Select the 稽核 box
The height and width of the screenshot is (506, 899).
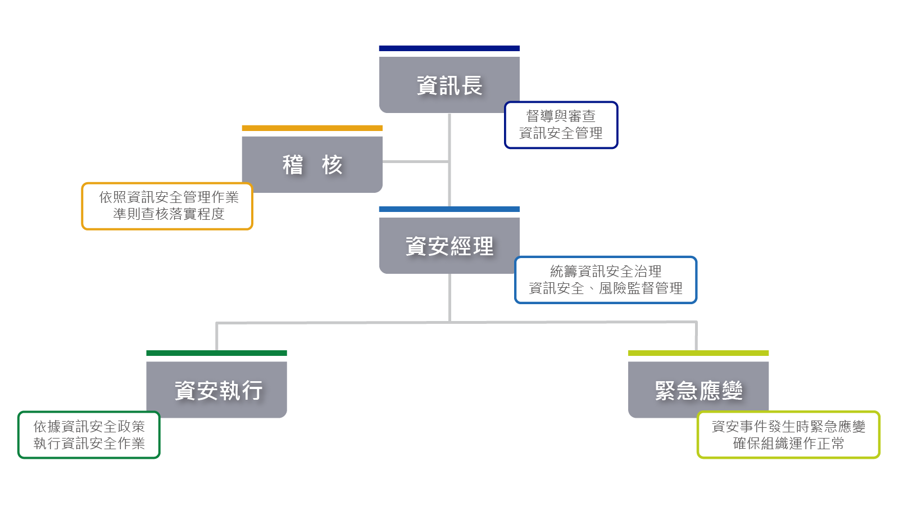click(312, 165)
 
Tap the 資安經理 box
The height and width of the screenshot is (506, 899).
click(449, 246)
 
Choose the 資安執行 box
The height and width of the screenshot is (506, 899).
click(217, 390)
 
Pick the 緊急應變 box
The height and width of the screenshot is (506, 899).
click(698, 390)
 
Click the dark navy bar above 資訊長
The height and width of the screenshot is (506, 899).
click(449, 48)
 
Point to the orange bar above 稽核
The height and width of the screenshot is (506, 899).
click(312, 128)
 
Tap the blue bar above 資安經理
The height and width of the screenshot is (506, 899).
click(449, 209)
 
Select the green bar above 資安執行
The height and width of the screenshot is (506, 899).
click(216, 353)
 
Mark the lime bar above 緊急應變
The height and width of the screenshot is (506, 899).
click(698, 353)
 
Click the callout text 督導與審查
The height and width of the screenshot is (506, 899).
click(561, 116)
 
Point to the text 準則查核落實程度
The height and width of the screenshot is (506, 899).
click(169, 214)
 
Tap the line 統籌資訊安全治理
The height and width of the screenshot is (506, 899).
click(606, 272)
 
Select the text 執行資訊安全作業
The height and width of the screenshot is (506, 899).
click(89, 444)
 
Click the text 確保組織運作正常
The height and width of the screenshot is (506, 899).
click(788, 444)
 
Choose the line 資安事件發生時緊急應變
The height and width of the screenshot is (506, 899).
click(788, 427)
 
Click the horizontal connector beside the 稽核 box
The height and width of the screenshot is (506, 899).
click(415, 161)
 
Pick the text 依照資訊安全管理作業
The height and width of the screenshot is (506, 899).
click(169, 197)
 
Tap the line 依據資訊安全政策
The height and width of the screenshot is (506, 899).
click(89, 427)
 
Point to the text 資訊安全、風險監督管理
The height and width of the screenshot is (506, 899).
click(606, 288)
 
